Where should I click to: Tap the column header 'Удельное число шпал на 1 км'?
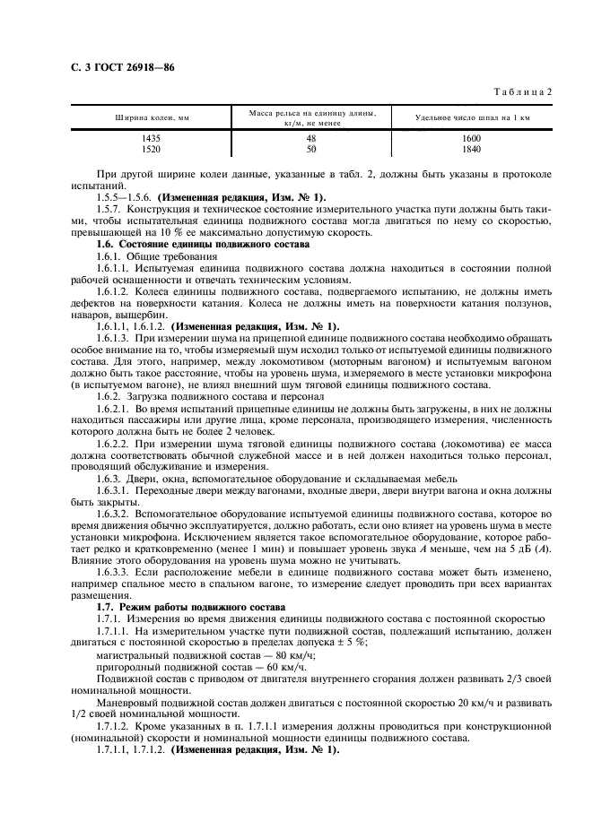point(473,117)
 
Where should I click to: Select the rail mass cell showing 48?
point(311,138)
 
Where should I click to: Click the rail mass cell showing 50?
point(311,149)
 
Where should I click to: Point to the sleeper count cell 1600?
point(472,138)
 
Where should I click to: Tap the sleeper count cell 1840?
point(472,149)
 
